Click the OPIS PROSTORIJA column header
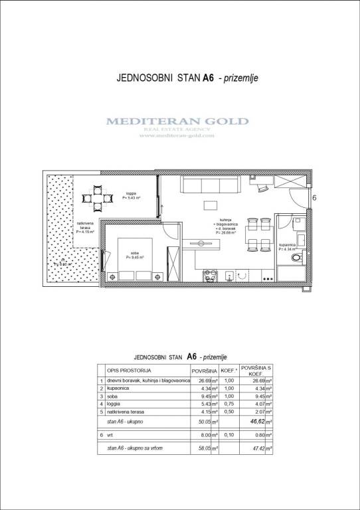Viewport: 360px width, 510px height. click(130, 369)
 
